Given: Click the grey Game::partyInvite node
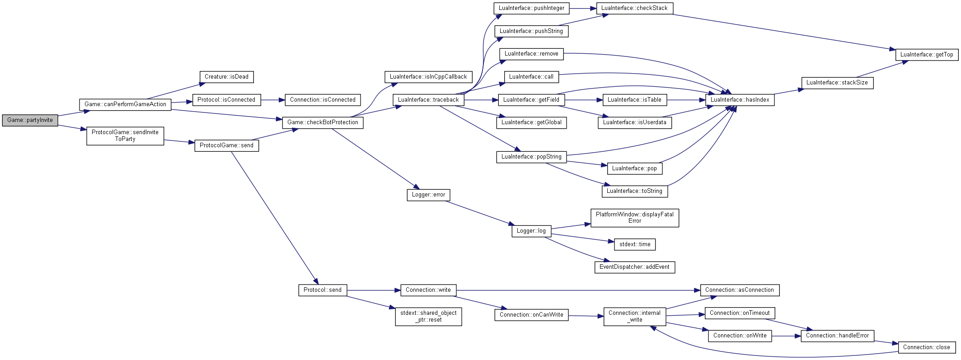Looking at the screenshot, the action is click(30, 120).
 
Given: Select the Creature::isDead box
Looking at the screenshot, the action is click(226, 77).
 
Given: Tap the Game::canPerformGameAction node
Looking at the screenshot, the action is click(125, 104).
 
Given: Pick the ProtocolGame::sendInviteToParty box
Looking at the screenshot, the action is click(125, 136).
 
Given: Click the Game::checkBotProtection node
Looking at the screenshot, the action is click(323, 122).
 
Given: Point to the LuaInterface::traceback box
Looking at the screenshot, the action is click(428, 100).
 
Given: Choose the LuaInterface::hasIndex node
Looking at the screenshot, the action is click(740, 100).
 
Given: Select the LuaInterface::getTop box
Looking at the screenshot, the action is click(927, 55).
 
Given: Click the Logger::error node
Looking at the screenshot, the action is click(428, 195).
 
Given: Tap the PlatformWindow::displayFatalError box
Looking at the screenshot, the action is click(634, 218).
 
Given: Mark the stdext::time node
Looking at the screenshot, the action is click(635, 244).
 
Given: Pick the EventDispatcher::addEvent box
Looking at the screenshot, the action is click(634, 267).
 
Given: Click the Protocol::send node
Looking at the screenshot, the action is click(323, 290).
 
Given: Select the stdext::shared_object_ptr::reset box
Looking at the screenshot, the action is click(428, 316).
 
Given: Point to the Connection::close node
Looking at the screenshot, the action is click(927, 347).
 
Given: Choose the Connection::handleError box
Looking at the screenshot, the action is click(837, 336).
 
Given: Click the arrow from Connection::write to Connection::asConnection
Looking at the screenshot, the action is click(578, 290).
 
